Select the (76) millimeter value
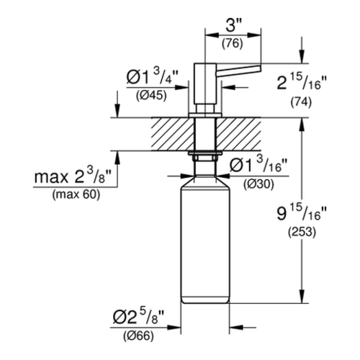point(233,44)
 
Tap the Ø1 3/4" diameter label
point(152,76)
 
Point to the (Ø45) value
point(151,96)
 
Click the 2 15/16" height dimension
point(302,81)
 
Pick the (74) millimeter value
point(301,102)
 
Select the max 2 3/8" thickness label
point(73,176)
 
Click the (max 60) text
point(76,194)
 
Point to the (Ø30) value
point(258,184)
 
